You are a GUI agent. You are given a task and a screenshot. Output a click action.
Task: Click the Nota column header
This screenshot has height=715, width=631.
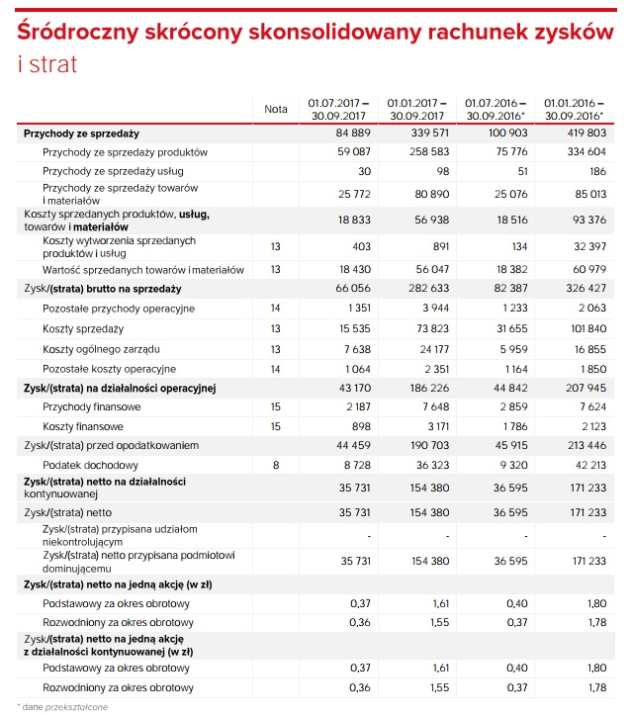point(276,109)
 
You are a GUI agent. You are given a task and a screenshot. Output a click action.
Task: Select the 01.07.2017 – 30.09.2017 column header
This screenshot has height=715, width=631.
point(338,109)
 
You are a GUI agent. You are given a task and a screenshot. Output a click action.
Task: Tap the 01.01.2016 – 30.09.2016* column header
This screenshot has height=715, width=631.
point(570,109)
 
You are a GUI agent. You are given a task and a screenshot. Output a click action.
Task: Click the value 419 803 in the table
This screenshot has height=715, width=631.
point(586,133)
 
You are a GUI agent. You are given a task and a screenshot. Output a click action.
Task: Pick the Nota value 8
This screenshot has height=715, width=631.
point(276,464)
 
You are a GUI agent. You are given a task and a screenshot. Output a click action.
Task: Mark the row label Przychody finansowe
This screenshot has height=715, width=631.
point(92,406)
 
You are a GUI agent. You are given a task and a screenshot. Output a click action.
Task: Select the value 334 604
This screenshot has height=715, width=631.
point(586,152)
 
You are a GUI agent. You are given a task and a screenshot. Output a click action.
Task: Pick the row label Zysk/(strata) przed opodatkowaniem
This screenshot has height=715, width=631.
point(113,445)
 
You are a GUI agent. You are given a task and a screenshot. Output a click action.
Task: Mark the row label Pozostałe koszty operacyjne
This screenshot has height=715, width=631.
point(110,369)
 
